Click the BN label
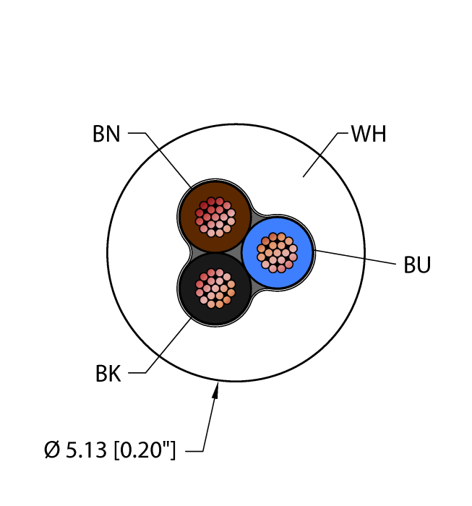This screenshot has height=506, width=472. coord(106,134)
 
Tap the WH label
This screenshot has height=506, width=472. coord(369,134)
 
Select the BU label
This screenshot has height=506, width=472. coord(417,265)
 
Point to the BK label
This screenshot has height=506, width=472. coord(108,374)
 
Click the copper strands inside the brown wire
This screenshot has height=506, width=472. coord(215,217)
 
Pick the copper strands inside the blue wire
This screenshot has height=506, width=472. coord(277,252)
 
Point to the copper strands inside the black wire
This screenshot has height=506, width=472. coord(215,288)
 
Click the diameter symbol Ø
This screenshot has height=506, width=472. coord(52,450)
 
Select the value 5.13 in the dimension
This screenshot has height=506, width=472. coord(86,450)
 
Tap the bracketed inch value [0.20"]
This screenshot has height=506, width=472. coord(145,450)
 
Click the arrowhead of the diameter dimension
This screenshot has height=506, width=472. coord(215,390)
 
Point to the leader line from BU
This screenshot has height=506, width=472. coord(355,257)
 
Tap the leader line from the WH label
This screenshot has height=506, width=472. coord(325,155)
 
